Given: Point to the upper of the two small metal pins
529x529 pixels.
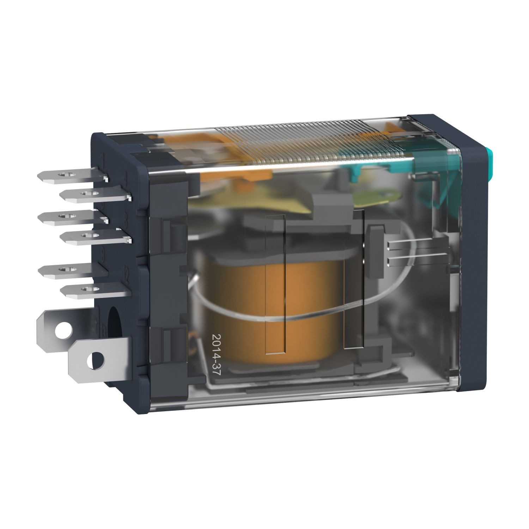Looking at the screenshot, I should (x=406, y=244).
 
